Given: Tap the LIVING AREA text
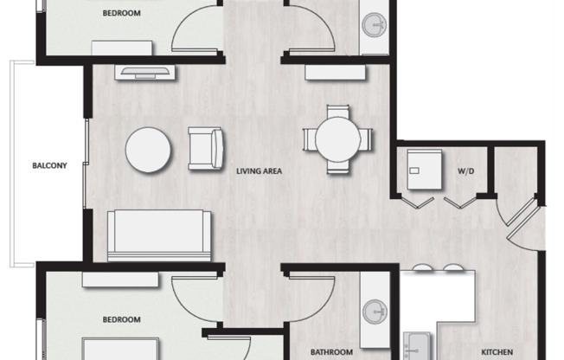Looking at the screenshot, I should point(260,171).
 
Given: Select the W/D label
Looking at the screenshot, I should point(465,171).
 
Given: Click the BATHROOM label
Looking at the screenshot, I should point(331,351).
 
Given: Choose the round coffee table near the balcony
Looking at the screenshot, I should point(149,151).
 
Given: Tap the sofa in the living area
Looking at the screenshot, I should point(158,235).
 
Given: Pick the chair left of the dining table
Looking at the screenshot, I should point(309,138).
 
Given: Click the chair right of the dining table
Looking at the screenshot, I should point(366,138).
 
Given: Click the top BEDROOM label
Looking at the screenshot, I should point(121,13).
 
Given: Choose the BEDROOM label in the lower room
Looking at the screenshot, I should point(121,319).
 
